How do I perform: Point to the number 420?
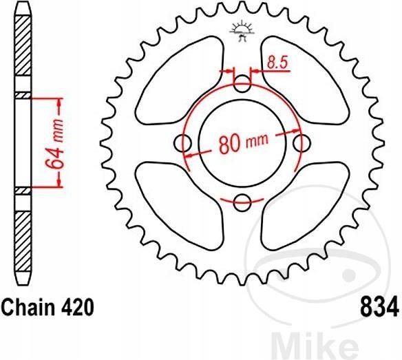click(72, 306)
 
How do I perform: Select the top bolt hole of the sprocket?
click(242, 85)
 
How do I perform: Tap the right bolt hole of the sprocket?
click(300, 143)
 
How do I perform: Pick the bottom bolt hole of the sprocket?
click(242, 202)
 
